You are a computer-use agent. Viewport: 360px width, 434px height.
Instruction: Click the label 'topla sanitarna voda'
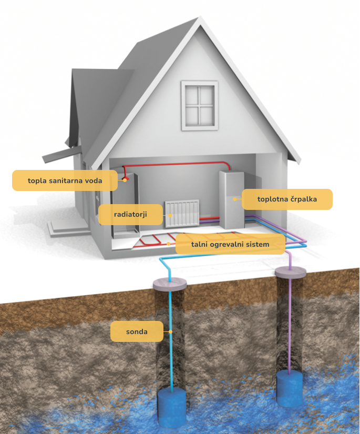65,180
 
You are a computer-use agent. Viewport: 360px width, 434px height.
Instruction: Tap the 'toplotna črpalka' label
287,199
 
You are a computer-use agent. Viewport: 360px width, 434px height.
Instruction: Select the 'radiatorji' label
130,215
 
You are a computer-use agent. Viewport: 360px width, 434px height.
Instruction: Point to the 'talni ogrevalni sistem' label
230,244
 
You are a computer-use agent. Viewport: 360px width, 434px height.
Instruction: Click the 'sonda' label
137,331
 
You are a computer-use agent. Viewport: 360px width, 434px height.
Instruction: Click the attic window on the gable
199,105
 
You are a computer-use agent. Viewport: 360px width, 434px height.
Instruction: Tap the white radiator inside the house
182,214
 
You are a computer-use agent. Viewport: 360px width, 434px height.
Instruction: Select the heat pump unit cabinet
232,200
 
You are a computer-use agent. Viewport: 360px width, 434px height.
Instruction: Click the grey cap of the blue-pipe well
170,284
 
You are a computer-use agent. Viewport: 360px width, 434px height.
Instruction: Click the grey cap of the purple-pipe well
291,272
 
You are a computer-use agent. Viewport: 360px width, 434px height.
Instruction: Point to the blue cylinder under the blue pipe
172,407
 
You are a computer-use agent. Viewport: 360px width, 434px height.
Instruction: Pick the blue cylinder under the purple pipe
290,388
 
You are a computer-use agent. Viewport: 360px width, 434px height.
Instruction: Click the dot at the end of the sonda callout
171,331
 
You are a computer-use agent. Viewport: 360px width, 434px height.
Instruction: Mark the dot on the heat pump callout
234,199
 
